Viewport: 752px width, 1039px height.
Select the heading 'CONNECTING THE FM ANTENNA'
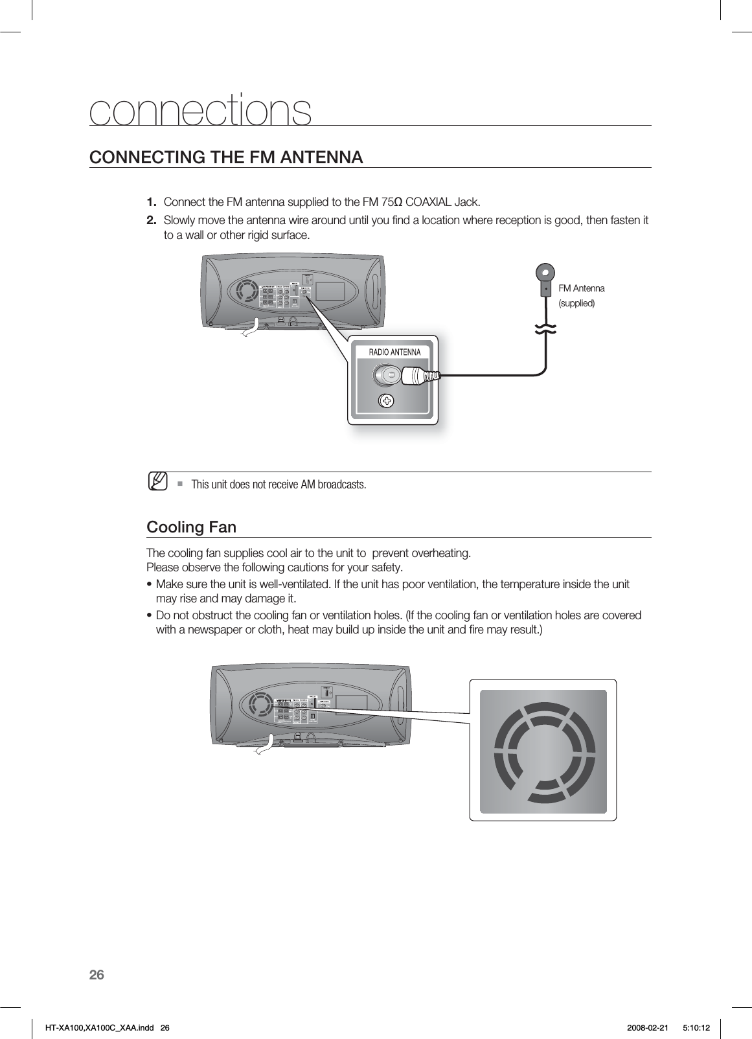point(226,157)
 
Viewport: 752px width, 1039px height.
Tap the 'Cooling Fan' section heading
point(191,527)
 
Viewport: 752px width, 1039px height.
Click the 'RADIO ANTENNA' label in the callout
point(394,352)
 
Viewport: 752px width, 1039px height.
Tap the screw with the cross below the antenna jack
point(387,401)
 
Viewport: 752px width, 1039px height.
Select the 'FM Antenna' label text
point(581,288)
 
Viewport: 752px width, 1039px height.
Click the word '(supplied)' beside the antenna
point(576,303)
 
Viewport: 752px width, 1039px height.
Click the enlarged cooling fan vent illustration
point(543,750)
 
